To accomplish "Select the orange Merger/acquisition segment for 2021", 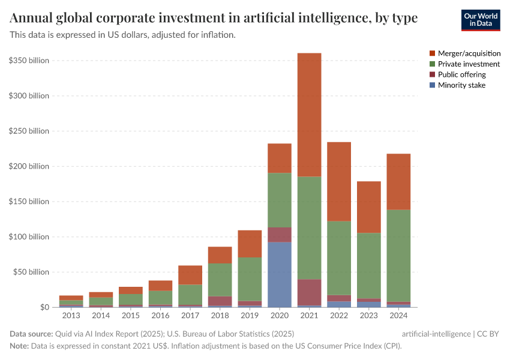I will pyautogui.click(x=310, y=115).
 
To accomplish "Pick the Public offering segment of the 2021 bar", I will pyautogui.click(x=310, y=292).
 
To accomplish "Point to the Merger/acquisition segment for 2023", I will pyautogui.click(x=369, y=207).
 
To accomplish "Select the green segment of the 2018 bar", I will pyautogui.click(x=220, y=280).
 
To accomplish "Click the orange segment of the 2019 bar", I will pyautogui.click(x=250, y=244).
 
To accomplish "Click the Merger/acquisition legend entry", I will pyautogui.click(x=469, y=53).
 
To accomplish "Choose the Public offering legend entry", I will pyautogui.click(x=461, y=74).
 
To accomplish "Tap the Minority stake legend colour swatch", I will pyautogui.click(x=433, y=85).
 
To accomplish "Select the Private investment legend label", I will pyautogui.click(x=469, y=64).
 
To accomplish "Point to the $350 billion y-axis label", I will pyautogui.click(x=29, y=61).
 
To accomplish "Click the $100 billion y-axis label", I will pyautogui.click(x=29, y=237).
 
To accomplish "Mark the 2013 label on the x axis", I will pyautogui.click(x=71, y=315).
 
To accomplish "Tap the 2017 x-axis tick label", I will pyautogui.click(x=190, y=315).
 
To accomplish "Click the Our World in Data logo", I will pyautogui.click(x=481, y=20).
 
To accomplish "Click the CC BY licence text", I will pyautogui.click(x=488, y=334).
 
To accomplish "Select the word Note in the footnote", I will pyautogui.click(x=19, y=346).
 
